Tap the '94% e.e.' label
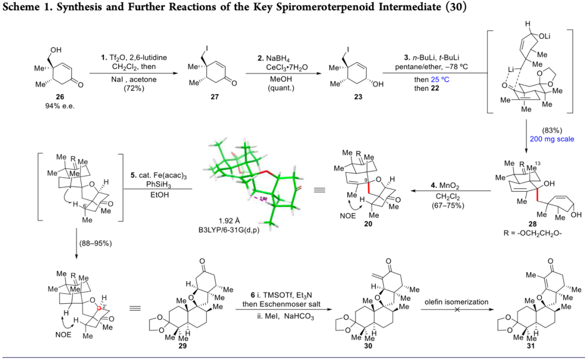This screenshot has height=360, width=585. tap(53, 107)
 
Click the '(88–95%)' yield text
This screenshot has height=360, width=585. tap(94, 243)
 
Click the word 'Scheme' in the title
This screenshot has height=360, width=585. tap(18, 8)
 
